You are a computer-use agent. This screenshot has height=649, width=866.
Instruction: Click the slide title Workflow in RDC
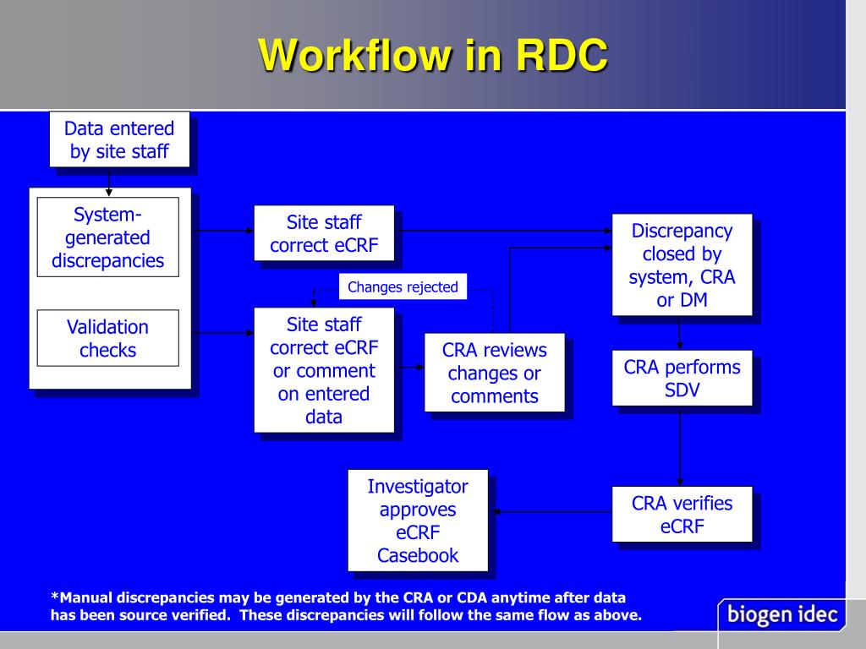433,55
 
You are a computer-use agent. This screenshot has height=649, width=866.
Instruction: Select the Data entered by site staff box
119,140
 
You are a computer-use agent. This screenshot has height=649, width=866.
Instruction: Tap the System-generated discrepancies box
107,237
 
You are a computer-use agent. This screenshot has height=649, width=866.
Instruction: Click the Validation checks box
107,338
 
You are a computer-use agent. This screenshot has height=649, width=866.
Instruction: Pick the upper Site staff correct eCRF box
324,233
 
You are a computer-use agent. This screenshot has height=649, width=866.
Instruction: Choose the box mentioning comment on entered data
324,370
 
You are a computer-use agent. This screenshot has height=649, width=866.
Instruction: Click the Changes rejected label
403,287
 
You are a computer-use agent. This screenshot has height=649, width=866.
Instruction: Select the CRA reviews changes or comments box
495,374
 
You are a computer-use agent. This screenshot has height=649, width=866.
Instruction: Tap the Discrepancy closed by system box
682,265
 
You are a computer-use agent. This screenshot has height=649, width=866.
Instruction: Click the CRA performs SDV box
682,379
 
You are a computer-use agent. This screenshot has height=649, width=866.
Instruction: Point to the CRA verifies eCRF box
682,515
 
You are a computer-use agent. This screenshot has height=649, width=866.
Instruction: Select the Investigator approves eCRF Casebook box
418,521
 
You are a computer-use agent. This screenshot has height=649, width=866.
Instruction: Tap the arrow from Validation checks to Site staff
223,333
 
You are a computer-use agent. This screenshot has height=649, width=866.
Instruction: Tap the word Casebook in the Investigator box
418,555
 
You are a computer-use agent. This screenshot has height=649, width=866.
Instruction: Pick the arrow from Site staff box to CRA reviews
409,368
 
